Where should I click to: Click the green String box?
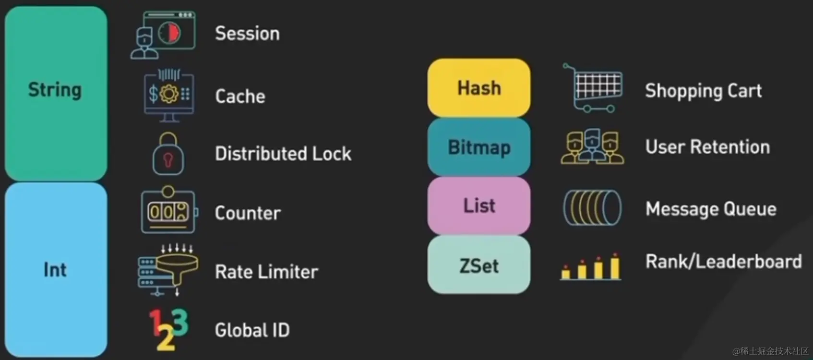click(56, 93)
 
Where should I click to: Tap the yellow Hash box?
click(479, 88)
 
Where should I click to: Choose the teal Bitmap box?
click(479, 147)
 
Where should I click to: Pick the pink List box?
click(479, 205)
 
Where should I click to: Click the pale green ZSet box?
click(479, 265)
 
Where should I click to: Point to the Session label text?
click(247, 34)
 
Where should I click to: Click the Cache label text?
click(240, 96)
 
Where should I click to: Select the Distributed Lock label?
click(283, 154)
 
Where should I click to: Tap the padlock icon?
click(168, 154)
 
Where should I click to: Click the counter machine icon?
click(168, 210)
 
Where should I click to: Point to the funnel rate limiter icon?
click(168, 270)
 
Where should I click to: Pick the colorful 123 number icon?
click(168, 329)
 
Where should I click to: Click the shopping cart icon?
click(594, 89)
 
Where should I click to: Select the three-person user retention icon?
click(593, 146)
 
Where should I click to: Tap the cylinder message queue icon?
click(592, 208)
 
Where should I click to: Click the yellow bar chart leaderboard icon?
click(591, 266)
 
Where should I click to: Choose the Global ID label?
click(252, 330)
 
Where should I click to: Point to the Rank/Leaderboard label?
click(723, 262)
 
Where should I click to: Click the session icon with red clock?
click(163, 35)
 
